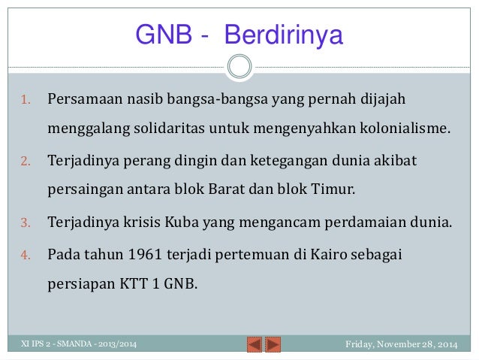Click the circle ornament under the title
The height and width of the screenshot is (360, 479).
(239, 66)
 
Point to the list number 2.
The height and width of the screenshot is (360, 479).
(24, 162)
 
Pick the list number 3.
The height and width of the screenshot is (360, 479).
(24, 223)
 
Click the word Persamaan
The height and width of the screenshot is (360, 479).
(82, 99)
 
